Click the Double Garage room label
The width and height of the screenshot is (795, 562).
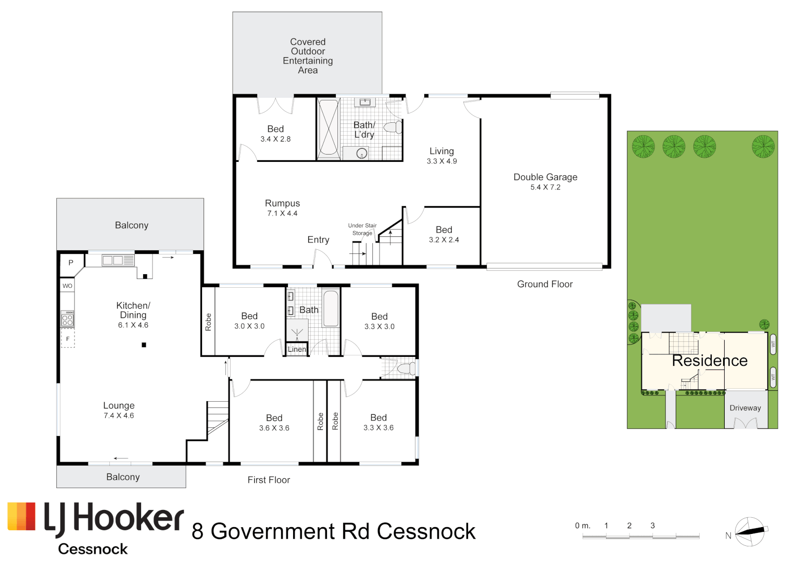(x=545, y=177)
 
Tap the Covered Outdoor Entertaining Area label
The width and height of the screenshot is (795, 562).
(x=308, y=56)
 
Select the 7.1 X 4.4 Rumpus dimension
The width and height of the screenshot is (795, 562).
(x=282, y=213)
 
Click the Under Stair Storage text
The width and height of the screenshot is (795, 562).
(x=362, y=229)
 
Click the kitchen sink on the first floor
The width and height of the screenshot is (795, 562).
(x=112, y=260)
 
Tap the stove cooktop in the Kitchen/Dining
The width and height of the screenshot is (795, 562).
(x=68, y=319)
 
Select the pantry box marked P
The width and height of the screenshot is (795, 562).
(x=71, y=263)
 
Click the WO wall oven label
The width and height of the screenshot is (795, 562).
(x=68, y=286)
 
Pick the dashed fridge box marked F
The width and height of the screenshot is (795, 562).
(x=68, y=339)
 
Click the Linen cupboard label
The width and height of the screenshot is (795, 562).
(x=297, y=349)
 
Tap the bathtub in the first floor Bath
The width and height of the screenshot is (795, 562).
(x=331, y=309)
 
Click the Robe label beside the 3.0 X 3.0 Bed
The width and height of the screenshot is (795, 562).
(x=208, y=322)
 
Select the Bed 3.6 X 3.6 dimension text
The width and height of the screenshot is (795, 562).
(x=274, y=428)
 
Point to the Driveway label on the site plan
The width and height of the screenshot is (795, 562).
(x=745, y=408)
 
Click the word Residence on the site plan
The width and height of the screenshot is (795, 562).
(x=709, y=361)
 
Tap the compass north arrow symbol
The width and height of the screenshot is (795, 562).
(x=750, y=531)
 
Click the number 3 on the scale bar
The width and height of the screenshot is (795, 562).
(x=652, y=526)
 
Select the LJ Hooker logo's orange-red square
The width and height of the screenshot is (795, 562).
(x=21, y=517)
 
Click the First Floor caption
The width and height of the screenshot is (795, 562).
(x=269, y=480)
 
